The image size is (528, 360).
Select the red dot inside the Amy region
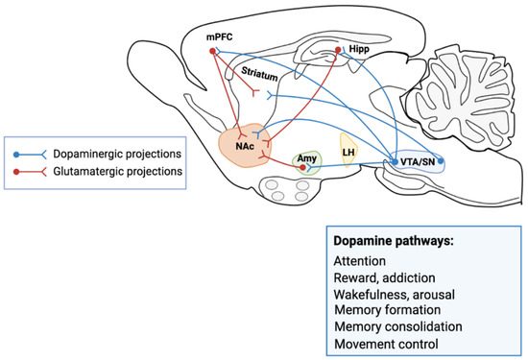[303, 168]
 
